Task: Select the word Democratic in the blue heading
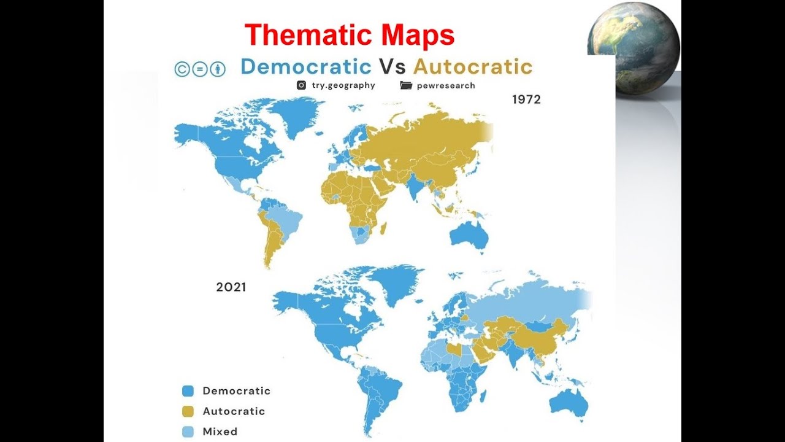coord(306,66)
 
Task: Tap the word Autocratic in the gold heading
coord(472,66)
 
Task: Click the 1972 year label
coord(526,99)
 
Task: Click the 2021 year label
coord(231,287)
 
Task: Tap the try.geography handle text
coord(343,85)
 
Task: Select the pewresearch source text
coord(446,85)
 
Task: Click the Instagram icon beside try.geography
coord(301,85)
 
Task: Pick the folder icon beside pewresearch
coord(406,85)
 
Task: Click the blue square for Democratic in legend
coord(188,391)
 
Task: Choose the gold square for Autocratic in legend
coord(188,411)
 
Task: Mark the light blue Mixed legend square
coord(188,432)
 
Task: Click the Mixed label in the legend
coord(220,432)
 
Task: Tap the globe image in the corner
coord(634,47)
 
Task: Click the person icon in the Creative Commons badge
coord(218,69)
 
